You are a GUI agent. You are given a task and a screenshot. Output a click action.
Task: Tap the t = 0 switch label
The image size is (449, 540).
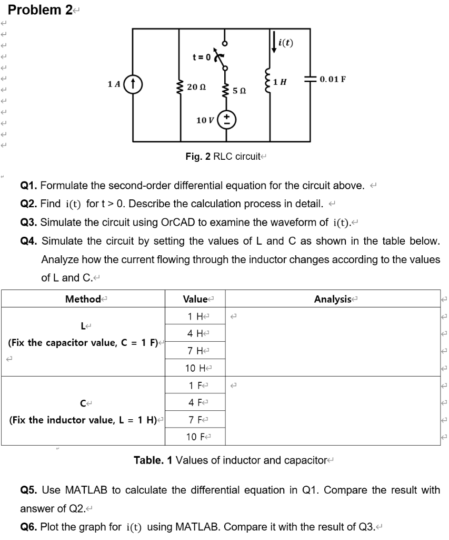(x=201, y=56)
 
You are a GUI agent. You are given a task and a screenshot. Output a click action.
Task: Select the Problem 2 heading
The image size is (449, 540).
(x=41, y=10)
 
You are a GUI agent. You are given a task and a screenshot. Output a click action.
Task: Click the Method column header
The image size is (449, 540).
(x=83, y=299)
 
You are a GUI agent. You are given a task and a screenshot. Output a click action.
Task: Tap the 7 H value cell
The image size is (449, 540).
(x=195, y=351)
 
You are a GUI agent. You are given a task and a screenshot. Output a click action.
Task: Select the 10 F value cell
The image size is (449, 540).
(x=195, y=437)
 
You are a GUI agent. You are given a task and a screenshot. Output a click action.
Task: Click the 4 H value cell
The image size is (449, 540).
(x=195, y=333)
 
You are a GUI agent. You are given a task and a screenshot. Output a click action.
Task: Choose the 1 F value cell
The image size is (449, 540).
(x=195, y=385)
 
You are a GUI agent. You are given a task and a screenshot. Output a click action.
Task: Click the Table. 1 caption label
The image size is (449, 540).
(x=153, y=460)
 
